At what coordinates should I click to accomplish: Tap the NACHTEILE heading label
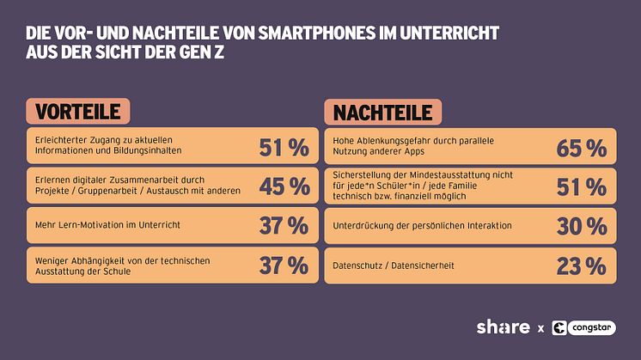click(x=383, y=112)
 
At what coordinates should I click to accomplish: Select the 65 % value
click(x=581, y=148)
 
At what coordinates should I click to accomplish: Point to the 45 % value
click(x=284, y=186)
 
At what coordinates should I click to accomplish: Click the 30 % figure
click(x=581, y=226)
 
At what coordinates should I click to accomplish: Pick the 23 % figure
click(x=581, y=266)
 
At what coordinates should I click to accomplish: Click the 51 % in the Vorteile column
click(x=284, y=148)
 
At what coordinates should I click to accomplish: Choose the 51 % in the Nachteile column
click(x=581, y=186)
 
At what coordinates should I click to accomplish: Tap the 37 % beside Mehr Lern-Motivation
click(x=284, y=226)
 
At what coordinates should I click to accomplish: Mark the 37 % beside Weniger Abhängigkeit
click(x=284, y=265)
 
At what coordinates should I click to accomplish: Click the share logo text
click(x=503, y=327)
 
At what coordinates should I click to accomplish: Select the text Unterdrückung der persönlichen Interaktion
click(x=422, y=226)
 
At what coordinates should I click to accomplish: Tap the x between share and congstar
click(x=540, y=328)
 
